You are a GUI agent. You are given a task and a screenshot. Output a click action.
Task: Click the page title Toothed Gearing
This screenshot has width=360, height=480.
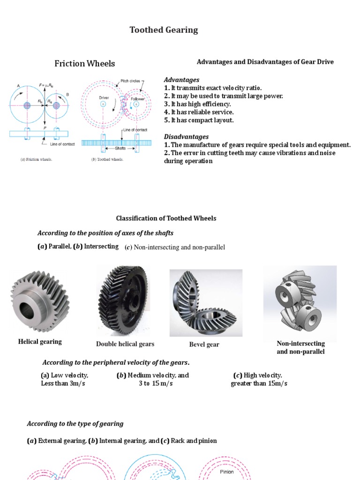click(164, 30)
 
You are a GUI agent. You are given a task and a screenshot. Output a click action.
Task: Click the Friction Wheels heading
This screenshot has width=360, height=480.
click(84, 64)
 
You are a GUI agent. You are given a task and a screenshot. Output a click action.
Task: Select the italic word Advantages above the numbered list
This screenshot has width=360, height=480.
click(181, 80)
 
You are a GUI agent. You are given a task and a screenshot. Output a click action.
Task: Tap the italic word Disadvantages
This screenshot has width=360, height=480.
click(186, 137)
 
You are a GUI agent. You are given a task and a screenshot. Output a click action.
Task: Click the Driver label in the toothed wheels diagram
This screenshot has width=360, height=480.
click(104, 98)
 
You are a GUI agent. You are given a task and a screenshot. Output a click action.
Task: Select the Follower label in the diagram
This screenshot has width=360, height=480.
click(138, 99)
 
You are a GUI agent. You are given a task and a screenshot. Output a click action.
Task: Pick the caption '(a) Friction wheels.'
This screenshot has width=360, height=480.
click(34, 159)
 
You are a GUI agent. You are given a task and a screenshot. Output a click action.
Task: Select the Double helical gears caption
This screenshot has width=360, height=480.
click(125, 344)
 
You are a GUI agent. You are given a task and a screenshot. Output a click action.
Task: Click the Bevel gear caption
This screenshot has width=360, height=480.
click(204, 345)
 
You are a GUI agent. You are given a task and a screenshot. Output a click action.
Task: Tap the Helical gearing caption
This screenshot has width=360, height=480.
click(40, 342)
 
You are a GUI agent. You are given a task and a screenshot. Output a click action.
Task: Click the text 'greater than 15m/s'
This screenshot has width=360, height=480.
click(259, 383)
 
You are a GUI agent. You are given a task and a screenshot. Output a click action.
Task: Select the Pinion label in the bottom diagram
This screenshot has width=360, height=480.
click(227, 472)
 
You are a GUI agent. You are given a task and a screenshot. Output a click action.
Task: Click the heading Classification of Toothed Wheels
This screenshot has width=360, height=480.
click(166, 218)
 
